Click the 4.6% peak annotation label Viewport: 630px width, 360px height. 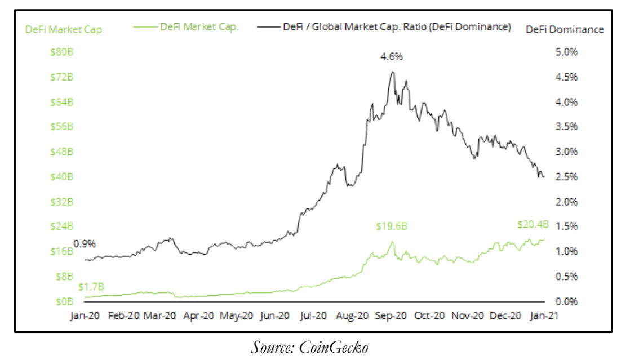[392, 57]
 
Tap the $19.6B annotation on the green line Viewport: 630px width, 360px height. [392, 226]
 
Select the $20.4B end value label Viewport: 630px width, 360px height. [533, 224]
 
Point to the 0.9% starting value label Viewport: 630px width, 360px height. [85, 244]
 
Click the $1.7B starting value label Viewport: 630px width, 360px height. [91, 287]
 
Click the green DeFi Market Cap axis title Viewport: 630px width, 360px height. [64, 29]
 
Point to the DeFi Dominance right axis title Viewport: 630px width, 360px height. [565, 29]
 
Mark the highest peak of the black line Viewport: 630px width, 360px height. [392, 72]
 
